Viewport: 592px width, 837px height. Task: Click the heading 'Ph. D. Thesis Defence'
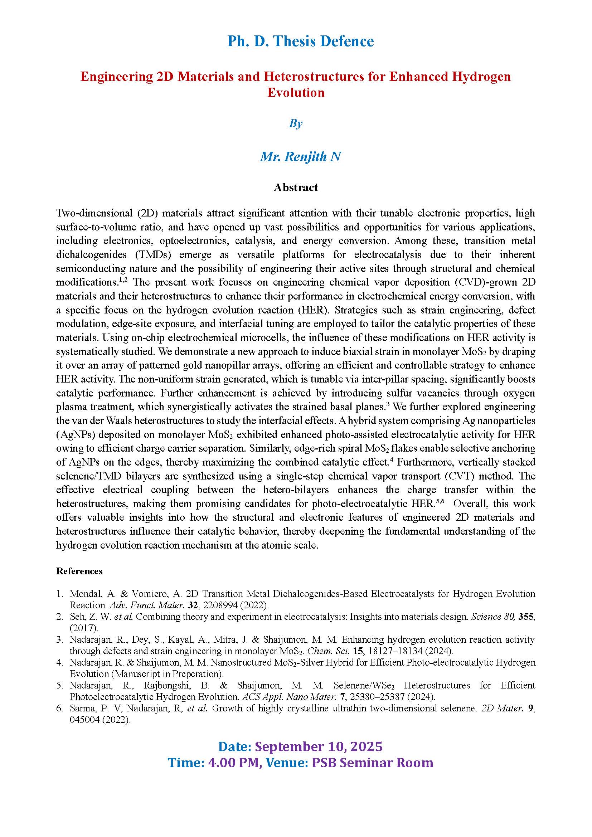[300, 41]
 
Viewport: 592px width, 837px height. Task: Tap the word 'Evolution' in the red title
[296, 92]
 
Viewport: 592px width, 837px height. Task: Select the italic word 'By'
[296, 123]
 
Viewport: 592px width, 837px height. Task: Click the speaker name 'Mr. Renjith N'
[300, 156]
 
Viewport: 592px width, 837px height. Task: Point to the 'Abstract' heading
[296, 188]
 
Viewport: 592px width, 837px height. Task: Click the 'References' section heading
[79, 571]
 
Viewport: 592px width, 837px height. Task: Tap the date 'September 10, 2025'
[319, 746]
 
